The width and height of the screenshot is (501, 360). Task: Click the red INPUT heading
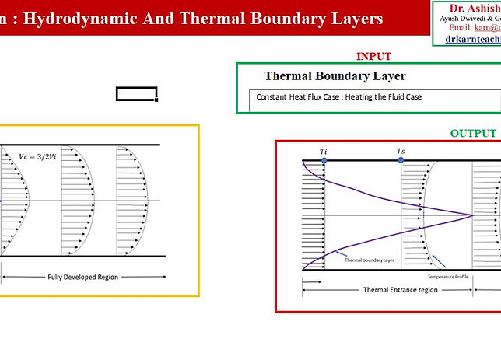pos(373,56)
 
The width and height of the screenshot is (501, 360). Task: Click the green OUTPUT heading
pos(473,133)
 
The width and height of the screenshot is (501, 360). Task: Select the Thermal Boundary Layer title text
pos(335,76)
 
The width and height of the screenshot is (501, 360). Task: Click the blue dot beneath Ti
pos(324,160)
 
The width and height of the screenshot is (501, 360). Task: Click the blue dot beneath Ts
pos(401,160)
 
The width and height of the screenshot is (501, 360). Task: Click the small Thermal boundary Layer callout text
pos(371,260)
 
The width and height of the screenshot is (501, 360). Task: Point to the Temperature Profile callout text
pos(450,277)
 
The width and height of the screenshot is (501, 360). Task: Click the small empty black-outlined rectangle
pos(137,94)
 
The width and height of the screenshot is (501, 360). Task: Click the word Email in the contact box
pos(461,26)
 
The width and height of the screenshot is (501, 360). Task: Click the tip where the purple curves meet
pos(471,215)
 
